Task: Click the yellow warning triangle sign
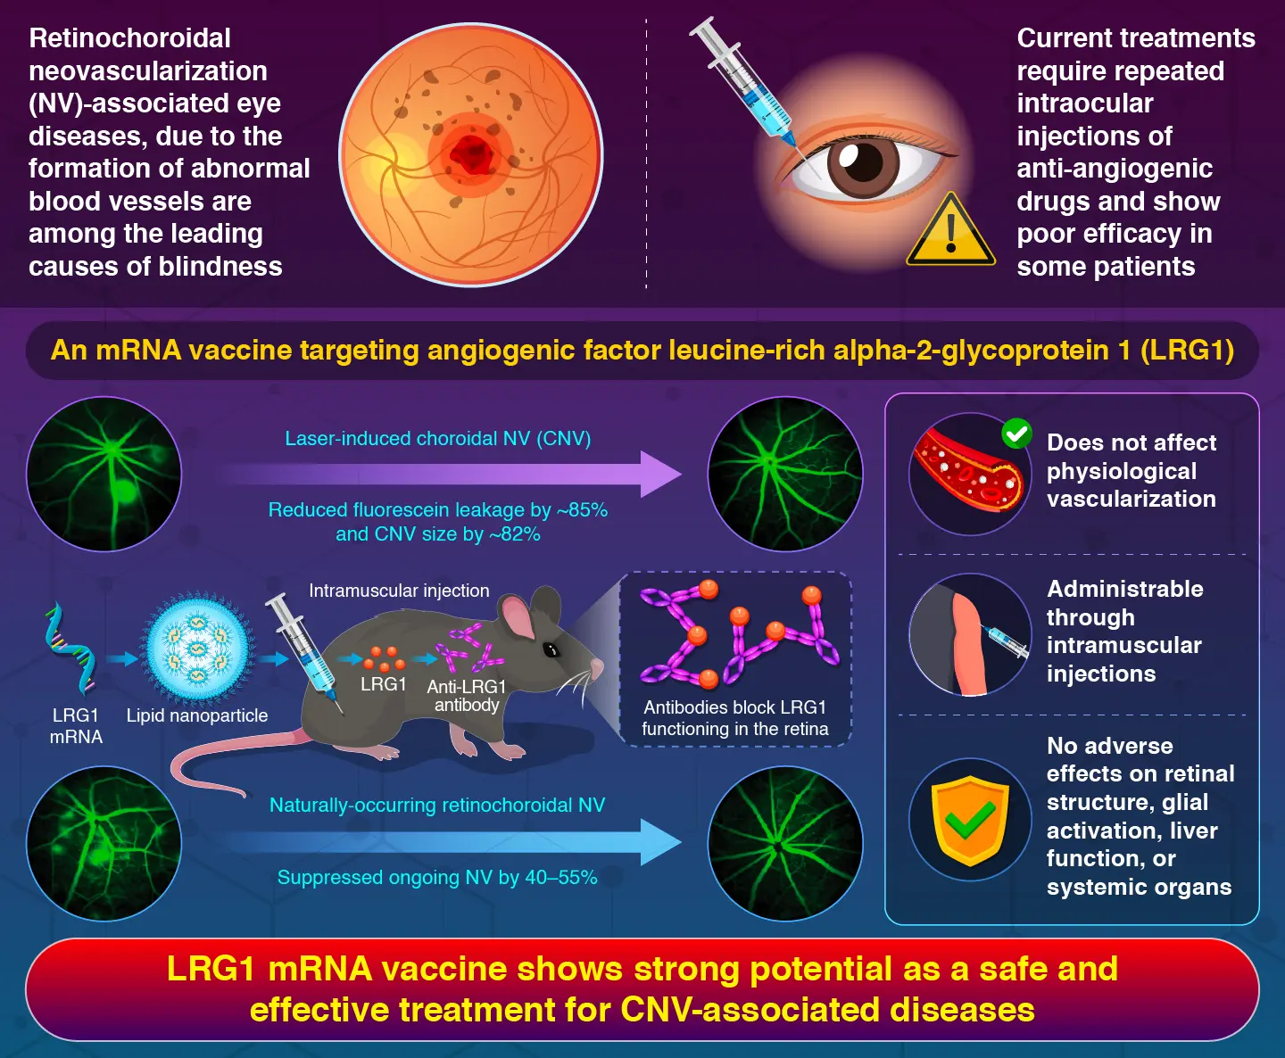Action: click(950, 234)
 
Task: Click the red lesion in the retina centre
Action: click(471, 154)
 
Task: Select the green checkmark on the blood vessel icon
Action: click(1016, 434)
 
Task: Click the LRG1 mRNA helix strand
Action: click(70, 649)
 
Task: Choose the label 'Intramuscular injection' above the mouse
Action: click(399, 591)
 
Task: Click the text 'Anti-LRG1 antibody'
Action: click(467, 696)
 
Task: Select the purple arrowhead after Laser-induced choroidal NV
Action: click(660, 474)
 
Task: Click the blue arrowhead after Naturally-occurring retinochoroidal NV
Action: click(660, 842)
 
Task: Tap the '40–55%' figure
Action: click(560, 878)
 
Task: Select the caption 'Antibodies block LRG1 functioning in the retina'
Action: click(734, 718)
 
